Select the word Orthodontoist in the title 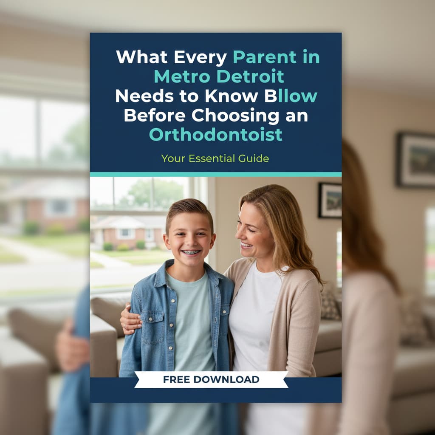(215, 134)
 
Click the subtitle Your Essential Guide (215, 158)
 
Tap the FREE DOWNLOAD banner (211, 379)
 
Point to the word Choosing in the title (229, 115)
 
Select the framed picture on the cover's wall (330, 200)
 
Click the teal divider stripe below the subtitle (215, 174)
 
